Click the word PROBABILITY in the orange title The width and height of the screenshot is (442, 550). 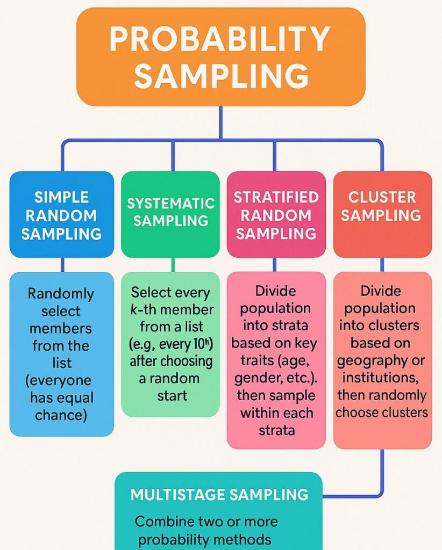click(x=220, y=40)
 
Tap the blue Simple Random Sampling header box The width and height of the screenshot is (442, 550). click(x=61, y=215)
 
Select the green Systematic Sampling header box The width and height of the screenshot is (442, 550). click(x=170, y=212)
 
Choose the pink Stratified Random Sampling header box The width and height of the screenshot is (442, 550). click(x=276, y=215)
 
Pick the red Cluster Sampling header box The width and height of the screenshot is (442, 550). click(x=382, y=206)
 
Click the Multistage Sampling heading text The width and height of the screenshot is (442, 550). click(x=219, y=495)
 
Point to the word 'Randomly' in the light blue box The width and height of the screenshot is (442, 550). click(x=61, y=294)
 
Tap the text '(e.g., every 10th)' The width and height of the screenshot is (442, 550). click(x=170, y=344)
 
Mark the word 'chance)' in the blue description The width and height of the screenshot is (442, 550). click(x=61, y=415)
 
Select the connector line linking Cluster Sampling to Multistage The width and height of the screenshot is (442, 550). click(x=382, y=473)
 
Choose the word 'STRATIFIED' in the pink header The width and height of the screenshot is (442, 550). click(x=276, y=197)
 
